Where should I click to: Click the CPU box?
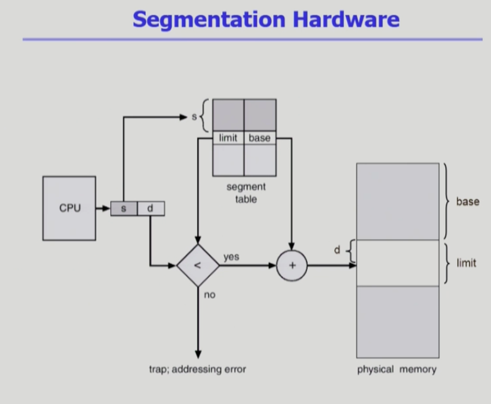[x=69, y=208]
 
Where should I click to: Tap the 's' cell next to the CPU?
[x=124, y=209]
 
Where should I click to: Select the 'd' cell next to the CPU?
[x=151, y=209]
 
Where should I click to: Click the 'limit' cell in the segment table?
[x=228, y=138]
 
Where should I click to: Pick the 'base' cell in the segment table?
[x=260, y=138]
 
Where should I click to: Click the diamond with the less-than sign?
[x=198, y=266]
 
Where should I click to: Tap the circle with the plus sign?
[x=291, y=266]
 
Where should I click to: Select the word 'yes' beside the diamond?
[x=231, y=257]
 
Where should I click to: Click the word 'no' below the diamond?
[x=209, y=294]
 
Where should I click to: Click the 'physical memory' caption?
[x=397, y=369]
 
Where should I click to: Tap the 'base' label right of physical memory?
[x=467, y=202]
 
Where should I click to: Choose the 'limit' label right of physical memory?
[x=466, y=263]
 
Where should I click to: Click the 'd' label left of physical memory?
[x=337, y=251]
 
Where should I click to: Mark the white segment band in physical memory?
[x=397, y=263]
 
